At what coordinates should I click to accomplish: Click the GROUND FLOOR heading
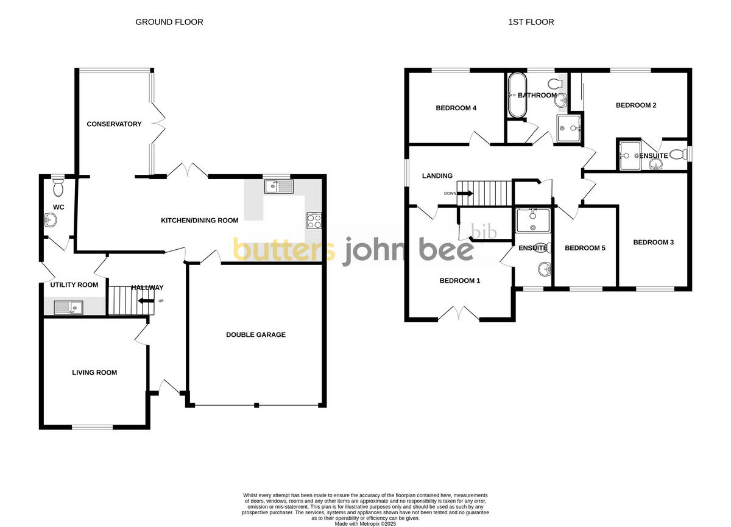169,22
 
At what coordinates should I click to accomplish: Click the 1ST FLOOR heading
531,22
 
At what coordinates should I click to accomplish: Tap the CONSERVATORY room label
114,124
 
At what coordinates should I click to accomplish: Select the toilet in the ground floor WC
58,188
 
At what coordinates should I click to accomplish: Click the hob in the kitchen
313,220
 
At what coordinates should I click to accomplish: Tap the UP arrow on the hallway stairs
146,301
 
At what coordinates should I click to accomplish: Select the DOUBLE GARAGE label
256,334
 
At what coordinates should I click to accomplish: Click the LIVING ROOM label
94,372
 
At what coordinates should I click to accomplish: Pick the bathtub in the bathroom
517,96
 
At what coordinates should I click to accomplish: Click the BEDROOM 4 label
456,108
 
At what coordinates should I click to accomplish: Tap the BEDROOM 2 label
636,105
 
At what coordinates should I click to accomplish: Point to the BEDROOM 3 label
653,242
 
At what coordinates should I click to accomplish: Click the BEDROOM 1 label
460,281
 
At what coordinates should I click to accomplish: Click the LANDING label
437,176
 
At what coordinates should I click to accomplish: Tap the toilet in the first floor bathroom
555,83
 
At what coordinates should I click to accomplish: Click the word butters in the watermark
283,250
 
